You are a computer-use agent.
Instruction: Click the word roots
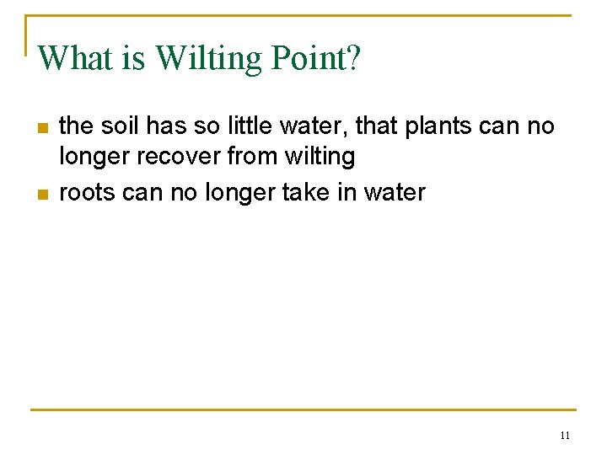87,192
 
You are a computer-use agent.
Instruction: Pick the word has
166,126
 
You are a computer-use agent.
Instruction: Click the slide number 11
564,436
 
